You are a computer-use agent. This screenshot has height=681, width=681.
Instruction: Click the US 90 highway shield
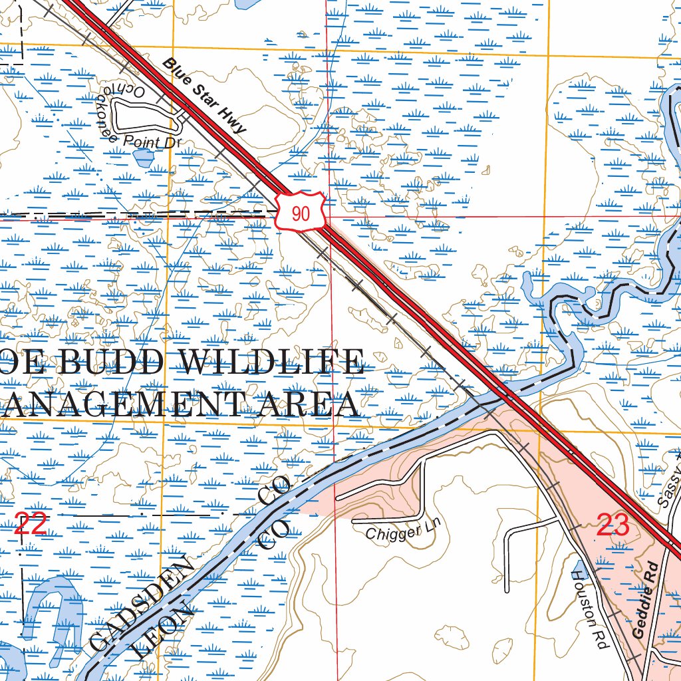[x=300, y=213]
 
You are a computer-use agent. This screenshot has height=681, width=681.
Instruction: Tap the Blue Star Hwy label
[x=205, y=96]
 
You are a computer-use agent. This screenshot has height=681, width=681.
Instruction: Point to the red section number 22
[x=31, y=525]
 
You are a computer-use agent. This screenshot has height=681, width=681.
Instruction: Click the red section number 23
[x=613, y=525]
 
